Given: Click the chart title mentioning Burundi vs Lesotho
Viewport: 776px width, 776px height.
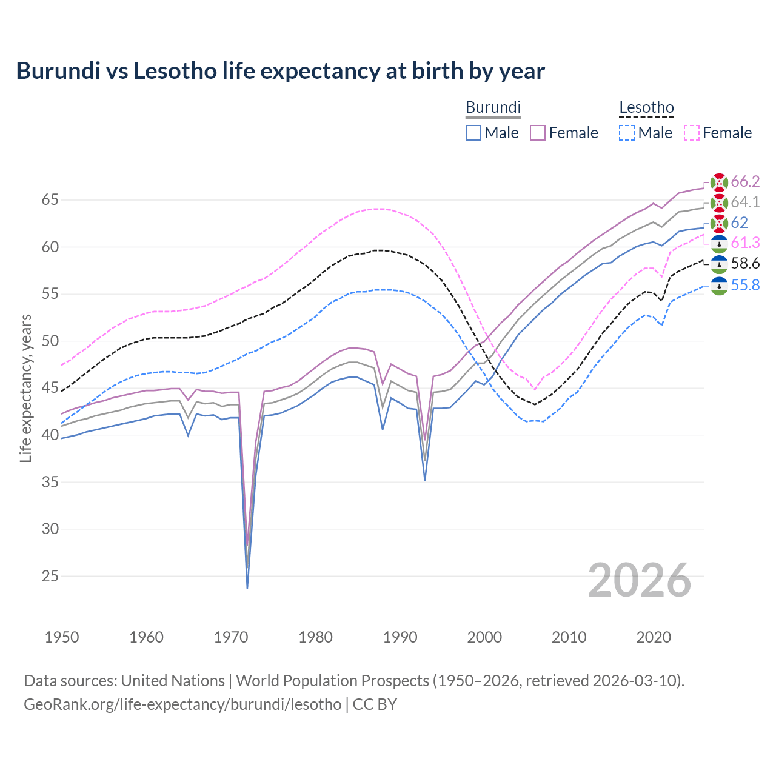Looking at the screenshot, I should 280,71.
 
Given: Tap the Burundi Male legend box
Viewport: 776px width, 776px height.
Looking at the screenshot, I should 473,133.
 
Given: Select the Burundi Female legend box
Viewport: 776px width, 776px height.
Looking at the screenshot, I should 538,133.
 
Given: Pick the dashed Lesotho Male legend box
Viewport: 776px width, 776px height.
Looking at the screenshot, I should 627,133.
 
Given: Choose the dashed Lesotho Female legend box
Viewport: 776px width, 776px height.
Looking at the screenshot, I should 691,133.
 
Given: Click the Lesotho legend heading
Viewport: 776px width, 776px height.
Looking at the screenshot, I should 646,108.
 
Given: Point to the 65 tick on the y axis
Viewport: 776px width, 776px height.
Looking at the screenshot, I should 50,199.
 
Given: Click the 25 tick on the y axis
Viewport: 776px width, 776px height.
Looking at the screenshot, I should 50,576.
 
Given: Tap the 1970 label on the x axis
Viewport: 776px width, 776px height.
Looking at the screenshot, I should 231,637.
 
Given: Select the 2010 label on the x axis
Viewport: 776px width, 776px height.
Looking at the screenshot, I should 569,637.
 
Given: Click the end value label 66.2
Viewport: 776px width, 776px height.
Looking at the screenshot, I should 745,181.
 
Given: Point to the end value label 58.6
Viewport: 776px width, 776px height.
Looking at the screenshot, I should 745,263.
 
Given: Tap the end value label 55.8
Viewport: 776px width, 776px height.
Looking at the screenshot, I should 745,285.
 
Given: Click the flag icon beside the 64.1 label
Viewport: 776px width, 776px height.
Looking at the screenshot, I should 719,202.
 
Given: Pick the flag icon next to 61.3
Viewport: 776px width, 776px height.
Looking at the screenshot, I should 719,243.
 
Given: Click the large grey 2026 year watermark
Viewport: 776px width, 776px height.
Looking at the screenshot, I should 640,580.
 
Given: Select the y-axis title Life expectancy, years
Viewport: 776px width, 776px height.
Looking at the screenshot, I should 26,388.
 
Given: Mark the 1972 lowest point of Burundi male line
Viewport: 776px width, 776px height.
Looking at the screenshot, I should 247,587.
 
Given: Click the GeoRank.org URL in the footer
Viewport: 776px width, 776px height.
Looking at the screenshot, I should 182,704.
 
